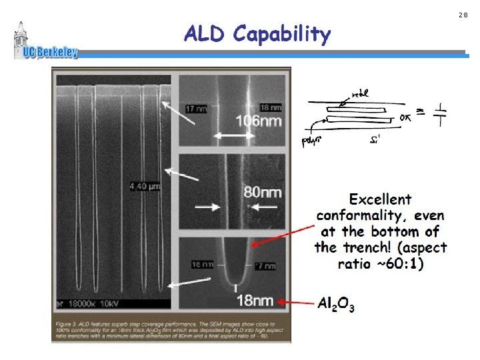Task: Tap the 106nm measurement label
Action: [x=257, y=121]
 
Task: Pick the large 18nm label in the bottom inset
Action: [x=255, y=301]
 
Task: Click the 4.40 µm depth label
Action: [x=143, y=186]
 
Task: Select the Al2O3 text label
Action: [x=336, y=305]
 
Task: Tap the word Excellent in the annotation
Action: [x=381, y=199]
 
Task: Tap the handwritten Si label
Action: [x=377, y=139]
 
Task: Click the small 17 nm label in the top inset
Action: [x=196, y=108]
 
